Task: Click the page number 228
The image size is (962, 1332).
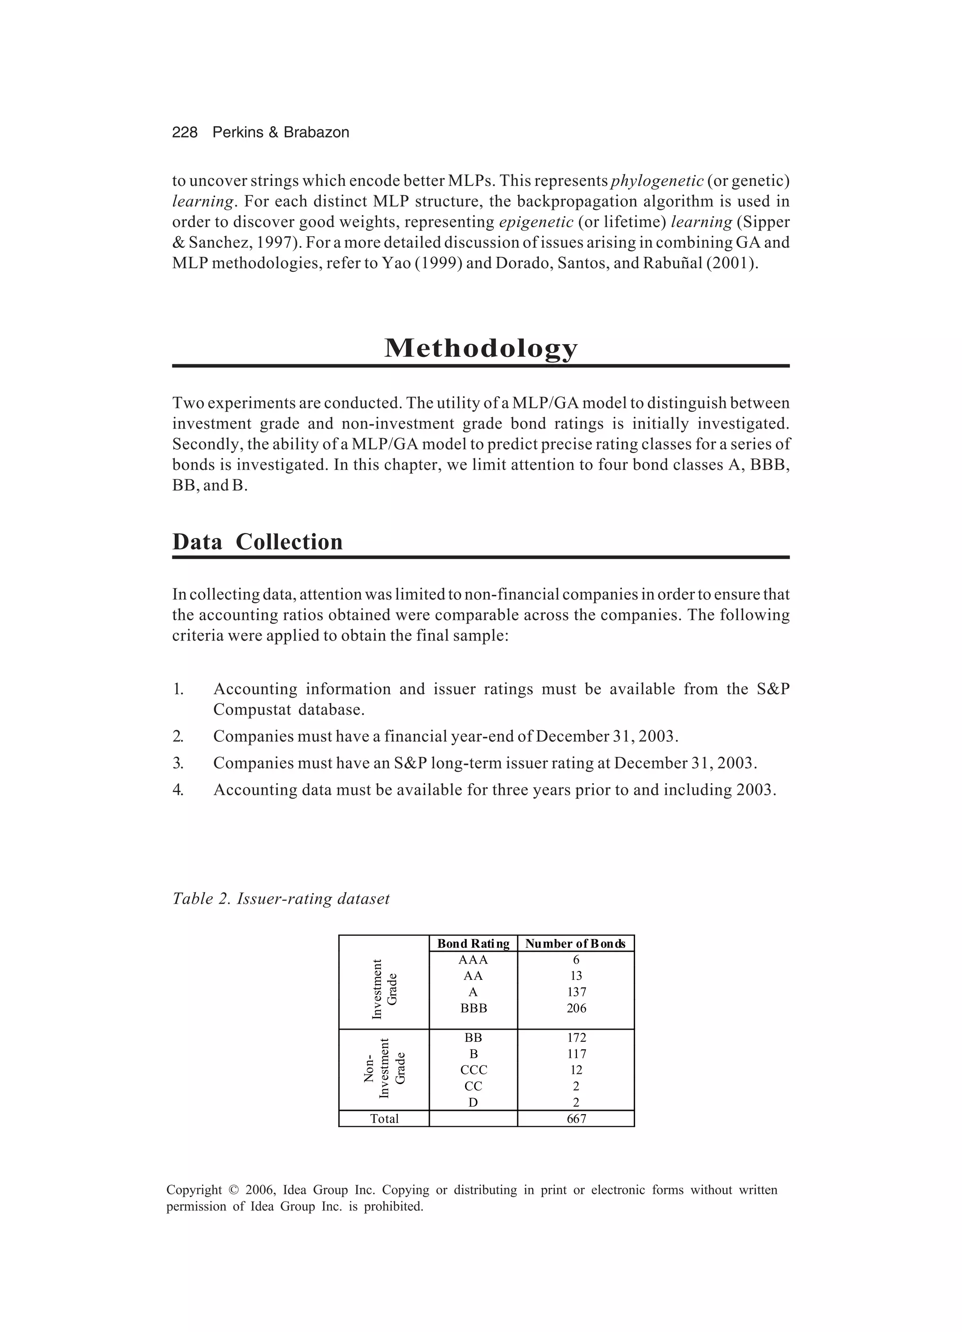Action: (x=185, y=133)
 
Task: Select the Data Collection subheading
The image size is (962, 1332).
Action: (x=257, y=541)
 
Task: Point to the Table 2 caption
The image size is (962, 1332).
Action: (x=281, y=899)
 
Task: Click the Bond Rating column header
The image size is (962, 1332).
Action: (x=473, y=944)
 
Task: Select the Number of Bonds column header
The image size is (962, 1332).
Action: (x=575, y=944)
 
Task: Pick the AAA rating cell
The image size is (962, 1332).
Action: (x=473, y=960)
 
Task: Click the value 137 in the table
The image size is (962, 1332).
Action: (x=576, y=992)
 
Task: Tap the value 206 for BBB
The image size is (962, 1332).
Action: (x=576, y=1008)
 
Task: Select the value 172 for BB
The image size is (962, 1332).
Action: (x=576, y=1038)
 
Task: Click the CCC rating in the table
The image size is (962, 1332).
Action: (x=473, y=1070)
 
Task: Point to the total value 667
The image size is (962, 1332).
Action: (x=576, y=1119)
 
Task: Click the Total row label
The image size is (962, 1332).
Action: (x=384, y=1119)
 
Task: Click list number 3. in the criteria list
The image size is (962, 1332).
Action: (x=178, y=763)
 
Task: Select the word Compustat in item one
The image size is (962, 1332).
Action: (x=252, y=709)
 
